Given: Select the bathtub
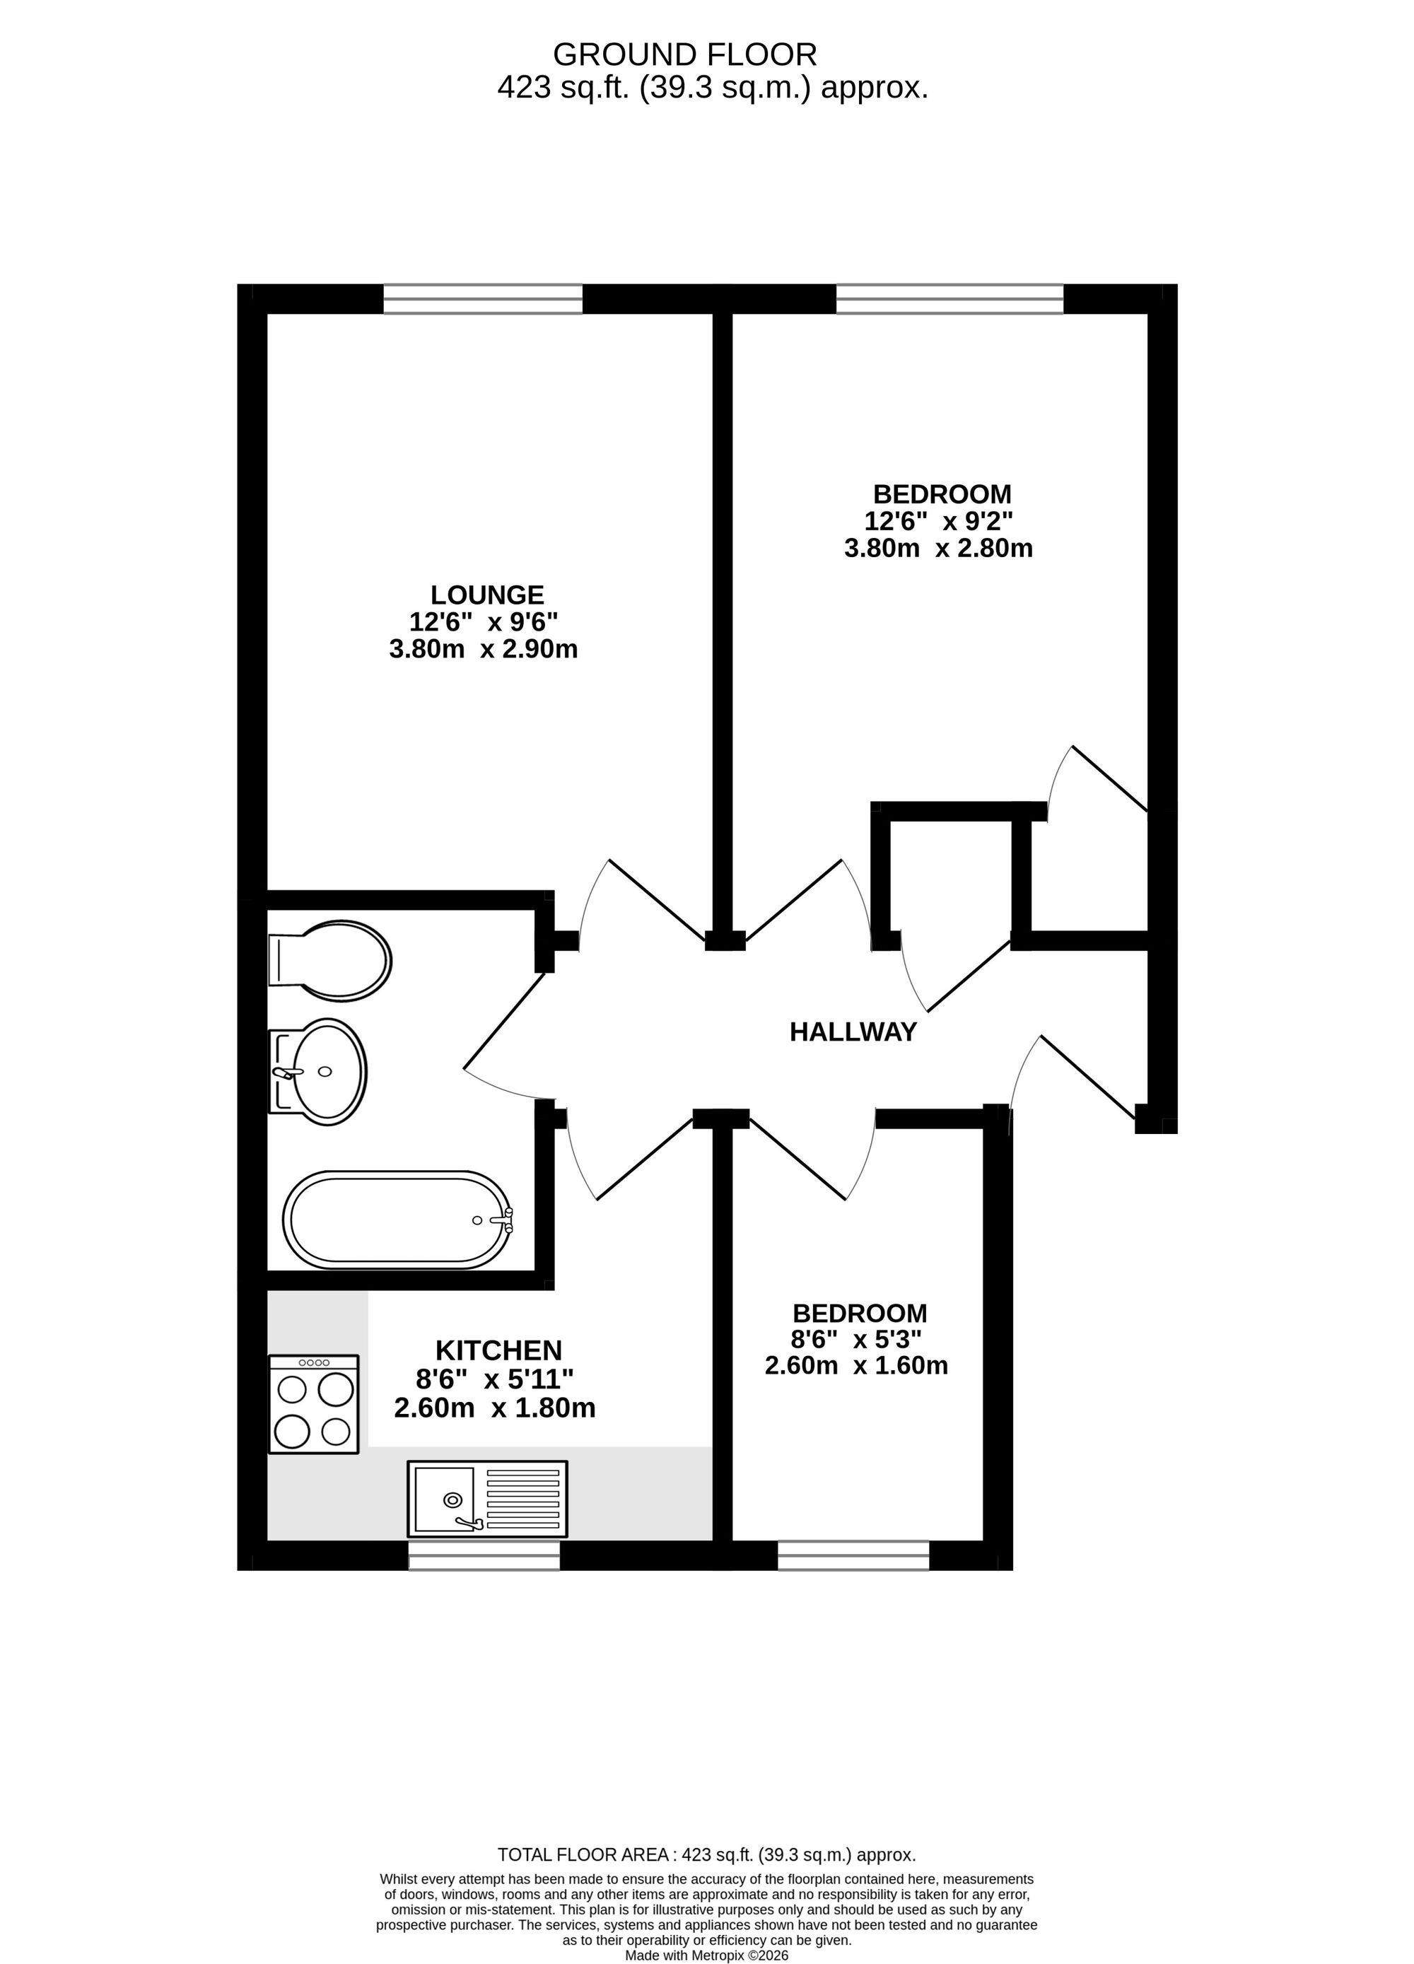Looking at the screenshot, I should pos(397,1220).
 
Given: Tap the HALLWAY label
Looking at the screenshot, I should pos(853,1032).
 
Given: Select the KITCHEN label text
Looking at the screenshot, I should pos(498,1350).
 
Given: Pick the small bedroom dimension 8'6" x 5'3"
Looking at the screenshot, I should pos(856,1340).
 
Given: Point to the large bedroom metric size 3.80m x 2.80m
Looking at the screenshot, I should pos(939,548).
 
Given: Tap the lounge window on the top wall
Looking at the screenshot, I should pos(483,299).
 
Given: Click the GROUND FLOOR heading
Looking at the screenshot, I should pos(685,54).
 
